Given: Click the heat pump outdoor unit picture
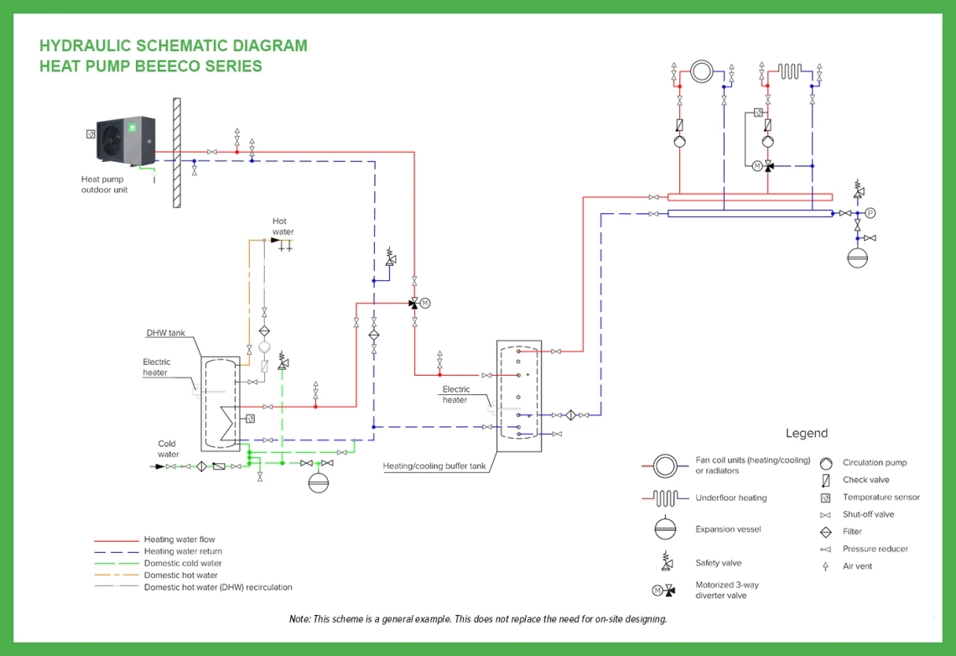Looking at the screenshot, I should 126,143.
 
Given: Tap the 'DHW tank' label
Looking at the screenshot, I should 165,333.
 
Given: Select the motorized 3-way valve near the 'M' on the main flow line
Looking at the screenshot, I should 414,303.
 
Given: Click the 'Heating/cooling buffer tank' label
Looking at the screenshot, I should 434,466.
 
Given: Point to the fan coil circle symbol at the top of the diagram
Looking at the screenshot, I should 701,71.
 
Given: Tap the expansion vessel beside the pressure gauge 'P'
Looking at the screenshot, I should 857,256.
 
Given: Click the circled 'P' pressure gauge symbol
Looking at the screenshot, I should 870,213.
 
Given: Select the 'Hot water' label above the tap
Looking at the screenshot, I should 283,226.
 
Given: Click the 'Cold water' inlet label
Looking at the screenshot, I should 168,449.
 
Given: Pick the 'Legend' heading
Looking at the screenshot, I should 806,434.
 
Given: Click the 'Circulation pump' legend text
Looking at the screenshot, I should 875,463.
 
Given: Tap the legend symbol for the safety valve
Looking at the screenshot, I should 666,561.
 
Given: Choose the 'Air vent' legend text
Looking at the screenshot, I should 857,566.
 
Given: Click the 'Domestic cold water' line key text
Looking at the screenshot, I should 183,564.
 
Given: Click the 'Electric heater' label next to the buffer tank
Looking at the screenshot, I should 456,394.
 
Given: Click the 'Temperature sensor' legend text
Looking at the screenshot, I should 881,497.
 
